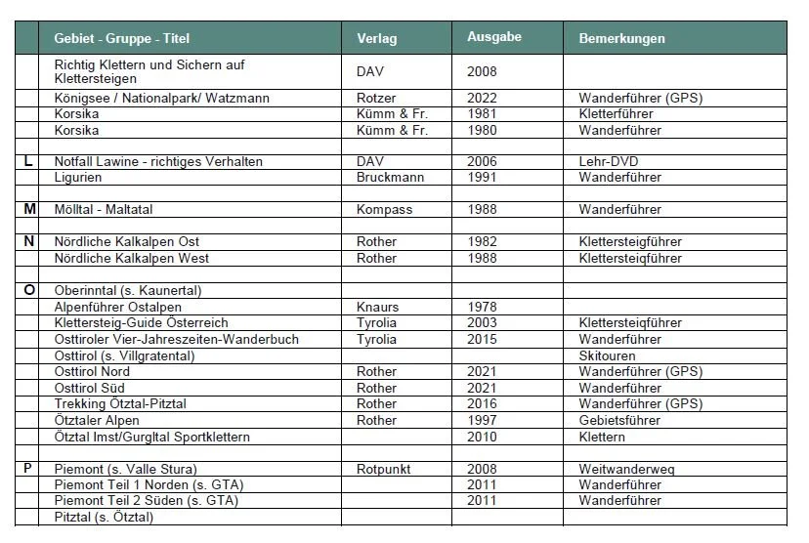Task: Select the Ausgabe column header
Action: [x=493, y=37]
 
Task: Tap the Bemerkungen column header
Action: [x=621, y=39]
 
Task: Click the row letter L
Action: [x=28, y=161]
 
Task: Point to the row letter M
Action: [x=28, y=209]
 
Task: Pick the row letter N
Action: [x=28, y=241]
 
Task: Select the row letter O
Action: [x=28, y=290]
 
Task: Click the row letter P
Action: [x=28, y=469]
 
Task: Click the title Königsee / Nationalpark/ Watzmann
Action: [x=161, y=98]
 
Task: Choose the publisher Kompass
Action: [x=384, y=209]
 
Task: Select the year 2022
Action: [x=482, y=98]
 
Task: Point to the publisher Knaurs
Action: [x=378, y=307]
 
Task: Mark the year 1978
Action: [x=482, y=307]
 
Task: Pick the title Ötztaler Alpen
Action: [x=97, y=420]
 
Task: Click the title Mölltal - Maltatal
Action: [x=104, y=209]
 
